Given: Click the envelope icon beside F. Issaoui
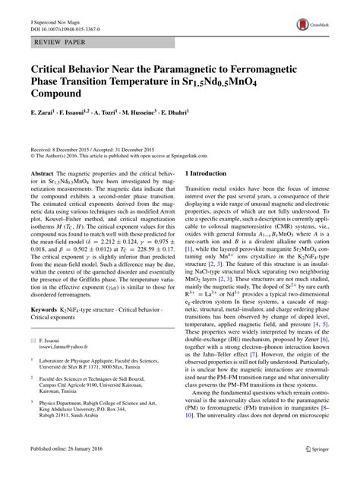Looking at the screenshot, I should point(32,362).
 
